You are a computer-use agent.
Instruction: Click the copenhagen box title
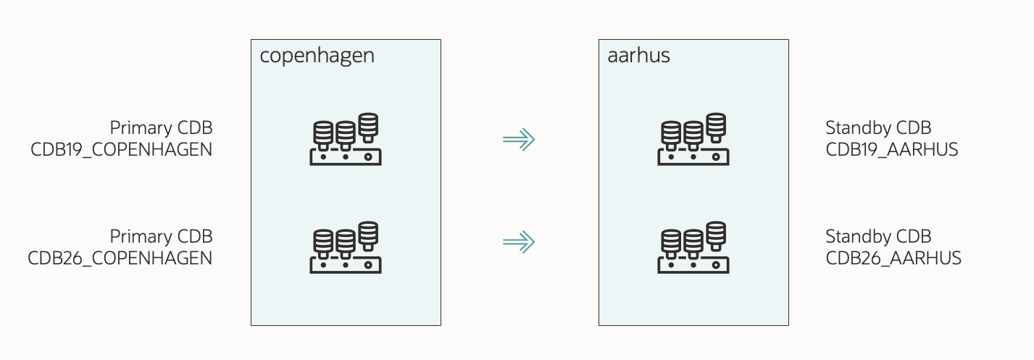tap(317, 56)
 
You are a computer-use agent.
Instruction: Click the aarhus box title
tap(638, 56)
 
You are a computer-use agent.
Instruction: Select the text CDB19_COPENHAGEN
tap(121, 150)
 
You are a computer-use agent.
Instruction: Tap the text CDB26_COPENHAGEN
tap(120, 258)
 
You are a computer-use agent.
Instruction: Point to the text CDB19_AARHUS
tap(892, 150)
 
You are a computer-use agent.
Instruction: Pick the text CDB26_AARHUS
tap(893, 258)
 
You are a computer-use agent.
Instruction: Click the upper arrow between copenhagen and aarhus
tap(519, 139)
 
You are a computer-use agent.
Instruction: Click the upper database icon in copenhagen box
tap(346, 139)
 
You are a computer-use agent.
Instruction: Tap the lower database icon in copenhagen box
tap(346, 248)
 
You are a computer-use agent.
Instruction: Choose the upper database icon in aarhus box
tap(693, 139)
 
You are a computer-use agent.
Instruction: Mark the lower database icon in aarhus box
tap(693, 248)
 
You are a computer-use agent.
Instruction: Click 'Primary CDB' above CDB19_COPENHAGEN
tap(161, 128)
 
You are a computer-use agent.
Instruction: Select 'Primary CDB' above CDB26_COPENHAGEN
tap(161, 237)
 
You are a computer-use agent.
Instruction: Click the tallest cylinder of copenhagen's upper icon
tap(369, 125)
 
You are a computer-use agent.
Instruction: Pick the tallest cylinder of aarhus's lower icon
tap(717, 234)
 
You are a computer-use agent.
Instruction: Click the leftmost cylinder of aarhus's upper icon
tap(671, 133)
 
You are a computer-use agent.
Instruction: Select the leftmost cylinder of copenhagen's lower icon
tap(323, 242)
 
